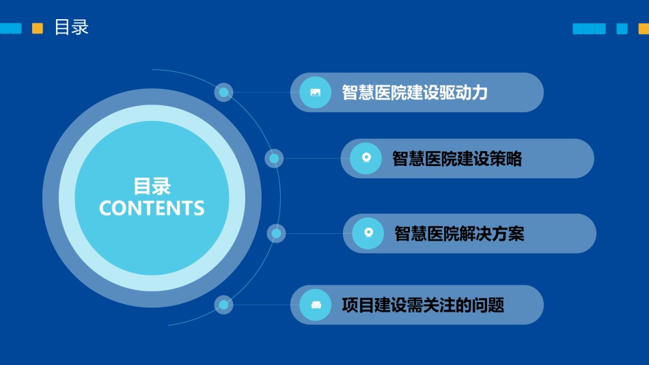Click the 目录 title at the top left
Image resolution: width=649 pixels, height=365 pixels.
coord(72,27)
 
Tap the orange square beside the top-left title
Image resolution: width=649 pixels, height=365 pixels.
coord(38,28)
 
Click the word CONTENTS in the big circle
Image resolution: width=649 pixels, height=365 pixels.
coord(152,208)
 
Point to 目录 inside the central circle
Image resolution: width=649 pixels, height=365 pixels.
coord(152,186)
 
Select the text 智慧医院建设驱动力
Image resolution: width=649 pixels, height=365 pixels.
coord(415,92)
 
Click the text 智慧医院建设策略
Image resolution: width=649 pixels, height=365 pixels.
coord(457,159)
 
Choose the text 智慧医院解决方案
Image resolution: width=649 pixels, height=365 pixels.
coord(459,234)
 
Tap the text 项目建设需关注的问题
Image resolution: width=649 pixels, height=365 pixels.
coord(423,305)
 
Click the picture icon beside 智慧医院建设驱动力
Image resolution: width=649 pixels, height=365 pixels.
coord(316,92)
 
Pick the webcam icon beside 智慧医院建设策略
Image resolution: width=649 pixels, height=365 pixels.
coord(366,158)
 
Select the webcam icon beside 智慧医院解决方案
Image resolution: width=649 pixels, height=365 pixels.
coord(368,233)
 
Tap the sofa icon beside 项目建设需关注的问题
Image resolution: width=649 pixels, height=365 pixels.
coord(316,305)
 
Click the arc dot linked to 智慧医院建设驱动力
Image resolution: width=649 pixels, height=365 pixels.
coord(223,92)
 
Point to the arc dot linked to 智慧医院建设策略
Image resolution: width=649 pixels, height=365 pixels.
coord(274,159)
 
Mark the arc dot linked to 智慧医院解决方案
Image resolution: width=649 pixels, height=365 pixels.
coord(276,234)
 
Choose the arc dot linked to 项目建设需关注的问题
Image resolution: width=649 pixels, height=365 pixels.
coord(223,305)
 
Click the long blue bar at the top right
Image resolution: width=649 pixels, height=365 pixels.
coord(589,29)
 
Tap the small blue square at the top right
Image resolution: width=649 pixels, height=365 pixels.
coord(622,29)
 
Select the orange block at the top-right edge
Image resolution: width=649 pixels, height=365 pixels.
coord(644,29)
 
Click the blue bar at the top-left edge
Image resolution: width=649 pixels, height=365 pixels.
coord(11,28)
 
